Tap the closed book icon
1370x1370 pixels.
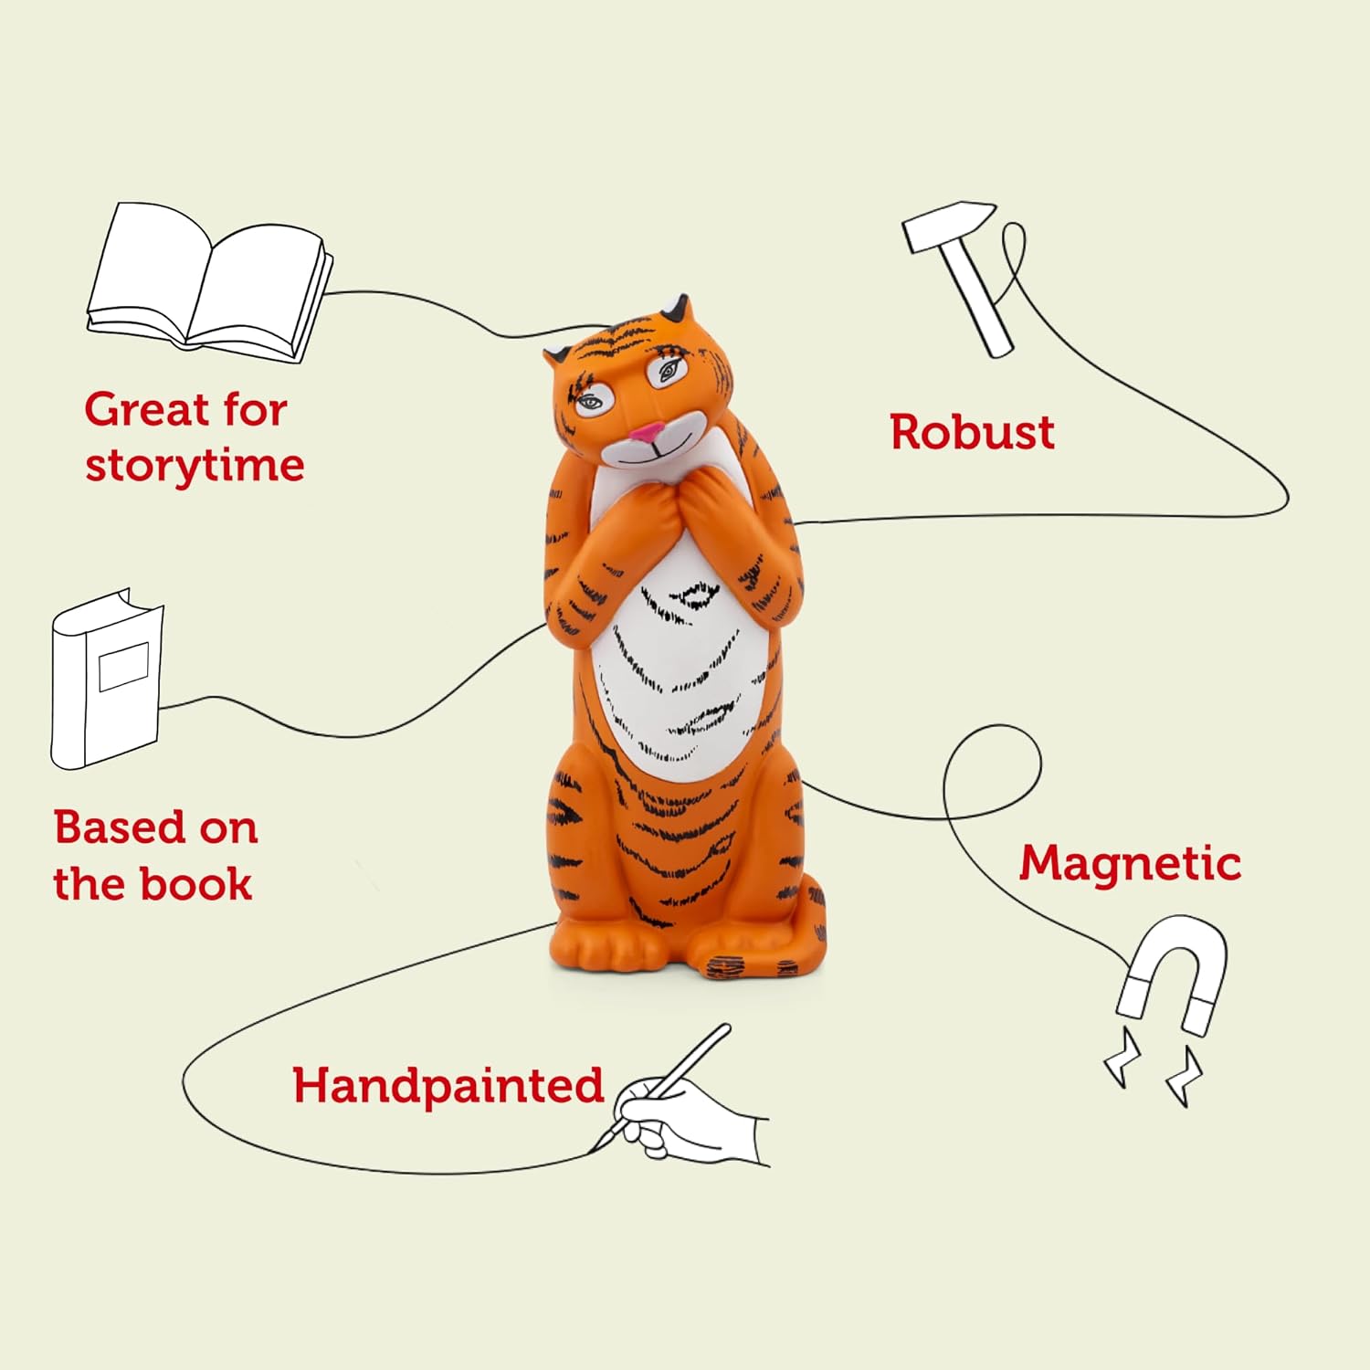106,680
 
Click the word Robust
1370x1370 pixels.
972,432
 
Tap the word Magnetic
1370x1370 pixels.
1130,863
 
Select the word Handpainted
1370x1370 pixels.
448,1086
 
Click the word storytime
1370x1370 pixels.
195,466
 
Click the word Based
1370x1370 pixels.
120,827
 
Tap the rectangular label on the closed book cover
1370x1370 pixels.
123,667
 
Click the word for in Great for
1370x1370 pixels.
252,409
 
